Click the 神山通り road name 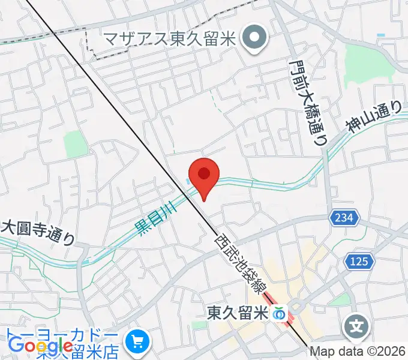tap(373, 116)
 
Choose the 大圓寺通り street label tap(38, 232)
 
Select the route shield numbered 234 tap(344, 217)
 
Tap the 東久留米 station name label tap(237, 313)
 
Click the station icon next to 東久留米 tap(279, 313)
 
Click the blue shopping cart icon tap(138, 341)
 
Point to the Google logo tap(41, 346)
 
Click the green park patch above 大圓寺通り tap(75, 144)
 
